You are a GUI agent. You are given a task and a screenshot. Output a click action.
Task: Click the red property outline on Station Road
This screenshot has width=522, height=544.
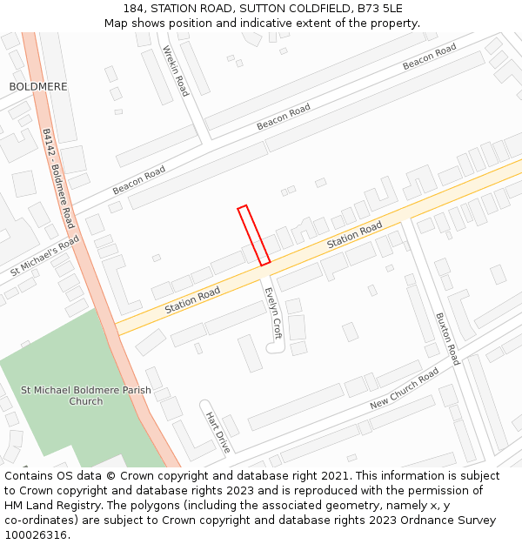pos(254,235)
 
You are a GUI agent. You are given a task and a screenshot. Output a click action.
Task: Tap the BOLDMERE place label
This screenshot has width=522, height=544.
pos(37,87)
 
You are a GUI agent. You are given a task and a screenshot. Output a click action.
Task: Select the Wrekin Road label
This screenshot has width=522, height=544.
pos(176,71)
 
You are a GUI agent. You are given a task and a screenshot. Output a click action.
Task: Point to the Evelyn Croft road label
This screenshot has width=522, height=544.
pos(272,313)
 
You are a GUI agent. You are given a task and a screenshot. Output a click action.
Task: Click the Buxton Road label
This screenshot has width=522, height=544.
pos(447,339)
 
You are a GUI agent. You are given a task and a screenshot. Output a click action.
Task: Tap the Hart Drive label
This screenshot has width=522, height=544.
pos(217,433)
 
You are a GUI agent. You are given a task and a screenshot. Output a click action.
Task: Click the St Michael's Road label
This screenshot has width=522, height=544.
pos(45,256)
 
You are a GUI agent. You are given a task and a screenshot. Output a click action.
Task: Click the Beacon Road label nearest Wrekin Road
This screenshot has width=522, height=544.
pos(283,118)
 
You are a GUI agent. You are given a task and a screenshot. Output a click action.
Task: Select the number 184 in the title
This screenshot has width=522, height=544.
pos(135,9)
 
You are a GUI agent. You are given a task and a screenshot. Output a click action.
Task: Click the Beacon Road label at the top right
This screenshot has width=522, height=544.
pos(429,57)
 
